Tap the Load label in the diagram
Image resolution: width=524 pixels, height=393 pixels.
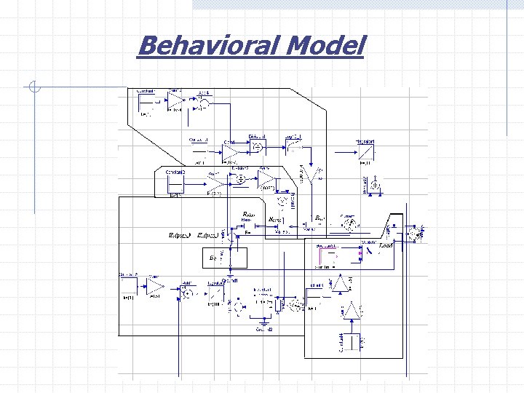click(386, 247)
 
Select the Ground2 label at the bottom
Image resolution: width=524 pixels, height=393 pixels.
click(263, 330)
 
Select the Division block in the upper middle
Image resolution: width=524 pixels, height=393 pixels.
click(257, 146)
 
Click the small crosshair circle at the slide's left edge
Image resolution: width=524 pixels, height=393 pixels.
click(33, 89)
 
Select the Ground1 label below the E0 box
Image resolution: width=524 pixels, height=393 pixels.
click(231, 280)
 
